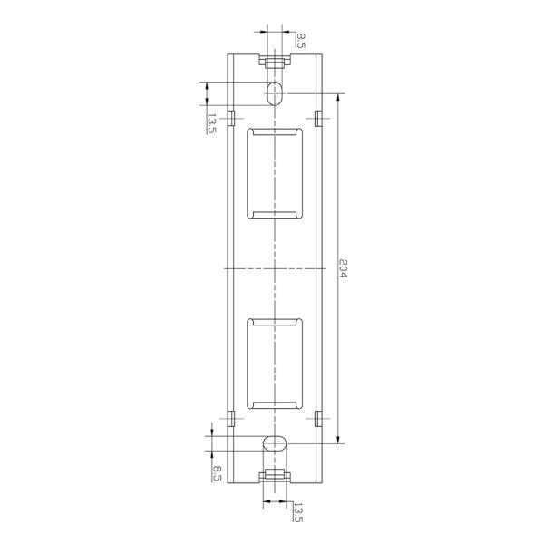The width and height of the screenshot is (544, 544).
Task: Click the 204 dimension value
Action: click(x=343, y=268)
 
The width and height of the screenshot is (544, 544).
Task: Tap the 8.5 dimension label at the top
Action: click(x=301, y=40)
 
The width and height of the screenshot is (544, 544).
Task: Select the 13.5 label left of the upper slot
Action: click(x=211, y=123)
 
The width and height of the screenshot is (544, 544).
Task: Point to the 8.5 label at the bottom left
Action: click(x=217, y=474)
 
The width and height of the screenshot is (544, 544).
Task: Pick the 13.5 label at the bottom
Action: click(x=298, y=512)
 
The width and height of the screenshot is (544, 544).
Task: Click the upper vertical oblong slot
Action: click(x=275, y=93)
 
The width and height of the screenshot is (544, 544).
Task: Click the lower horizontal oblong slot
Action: click(x=275, y=443)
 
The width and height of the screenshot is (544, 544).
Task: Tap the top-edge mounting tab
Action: click(x=275, y=62)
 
